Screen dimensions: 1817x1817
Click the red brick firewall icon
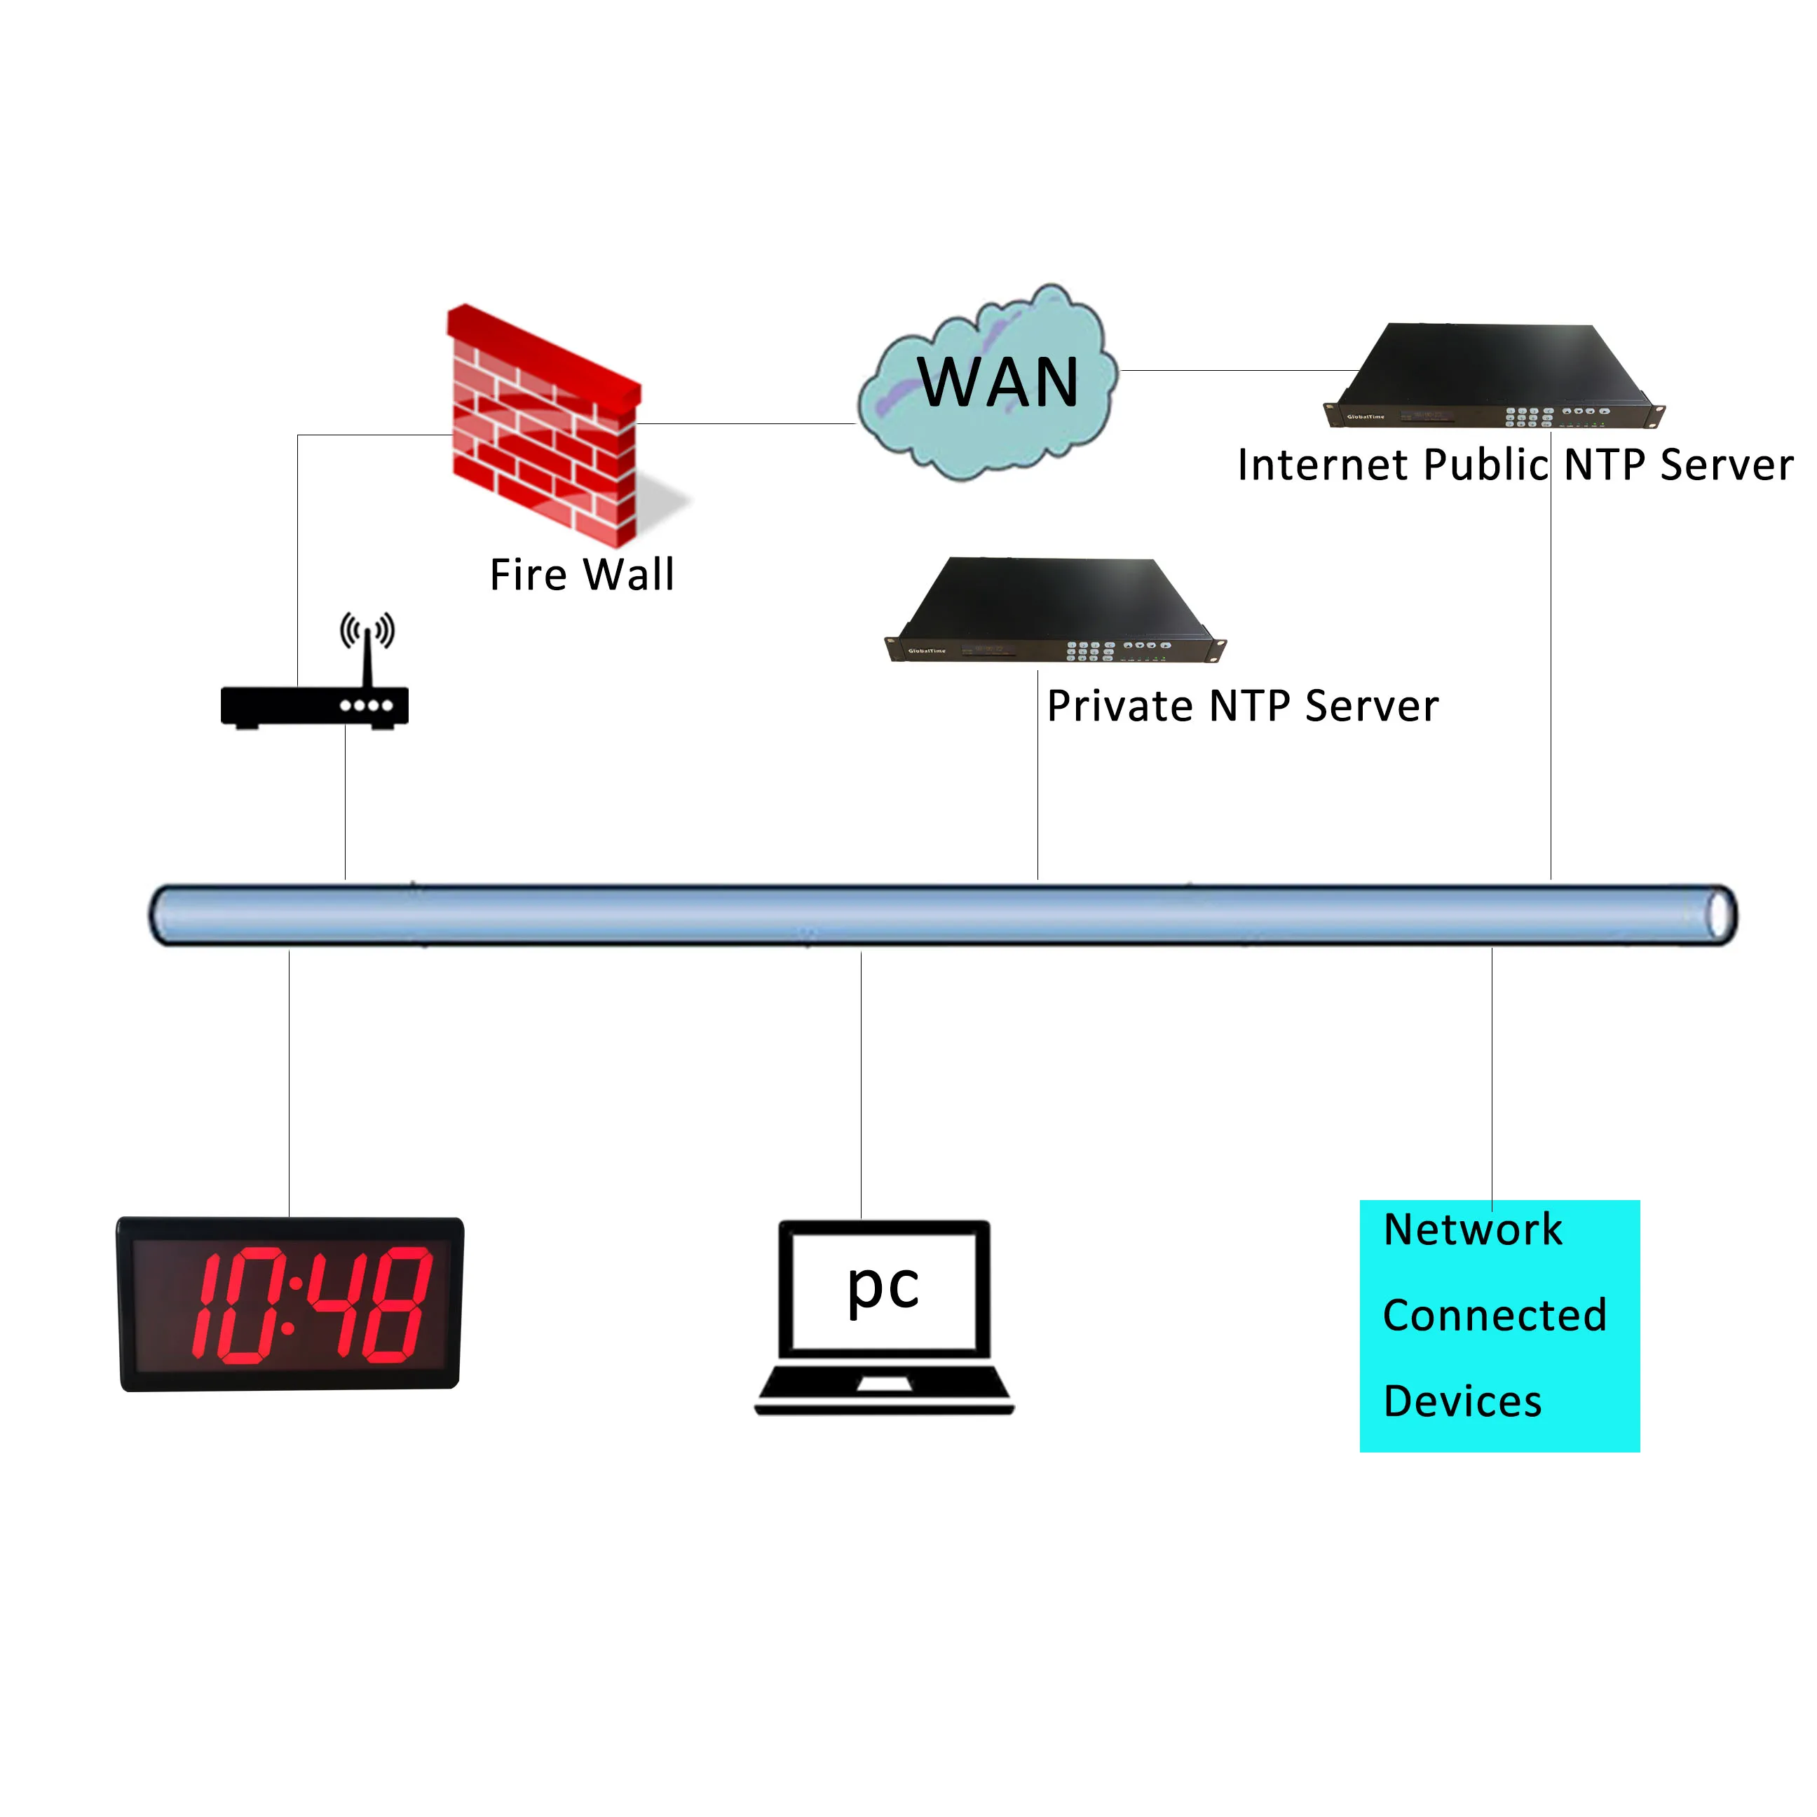pyautogui.click(x=543, y=428)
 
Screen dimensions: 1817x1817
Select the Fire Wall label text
pyautogui.click(x=582, y=575)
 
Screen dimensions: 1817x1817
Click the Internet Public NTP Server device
pyautogui.click(x=1493, y=376)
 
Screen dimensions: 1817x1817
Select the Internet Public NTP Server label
pyautogui.click(x=1515, y=465)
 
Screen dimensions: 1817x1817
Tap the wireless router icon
pyautogui.click(x=314, y=705)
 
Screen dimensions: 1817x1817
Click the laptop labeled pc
pyautogui.click(x=884, y=1316)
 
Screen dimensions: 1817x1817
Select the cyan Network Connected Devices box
pyautogui.click(x=1499, y=1326)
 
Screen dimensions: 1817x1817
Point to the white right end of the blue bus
pyautogui.click(x=1721, y=914)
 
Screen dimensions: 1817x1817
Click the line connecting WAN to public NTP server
pyautogui.click(x=1241, y=371)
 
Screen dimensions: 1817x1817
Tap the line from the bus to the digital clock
pyautogui.click(x=290, y=1082)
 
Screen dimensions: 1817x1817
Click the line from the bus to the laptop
pyautogui.click(x=862, y=1082)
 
